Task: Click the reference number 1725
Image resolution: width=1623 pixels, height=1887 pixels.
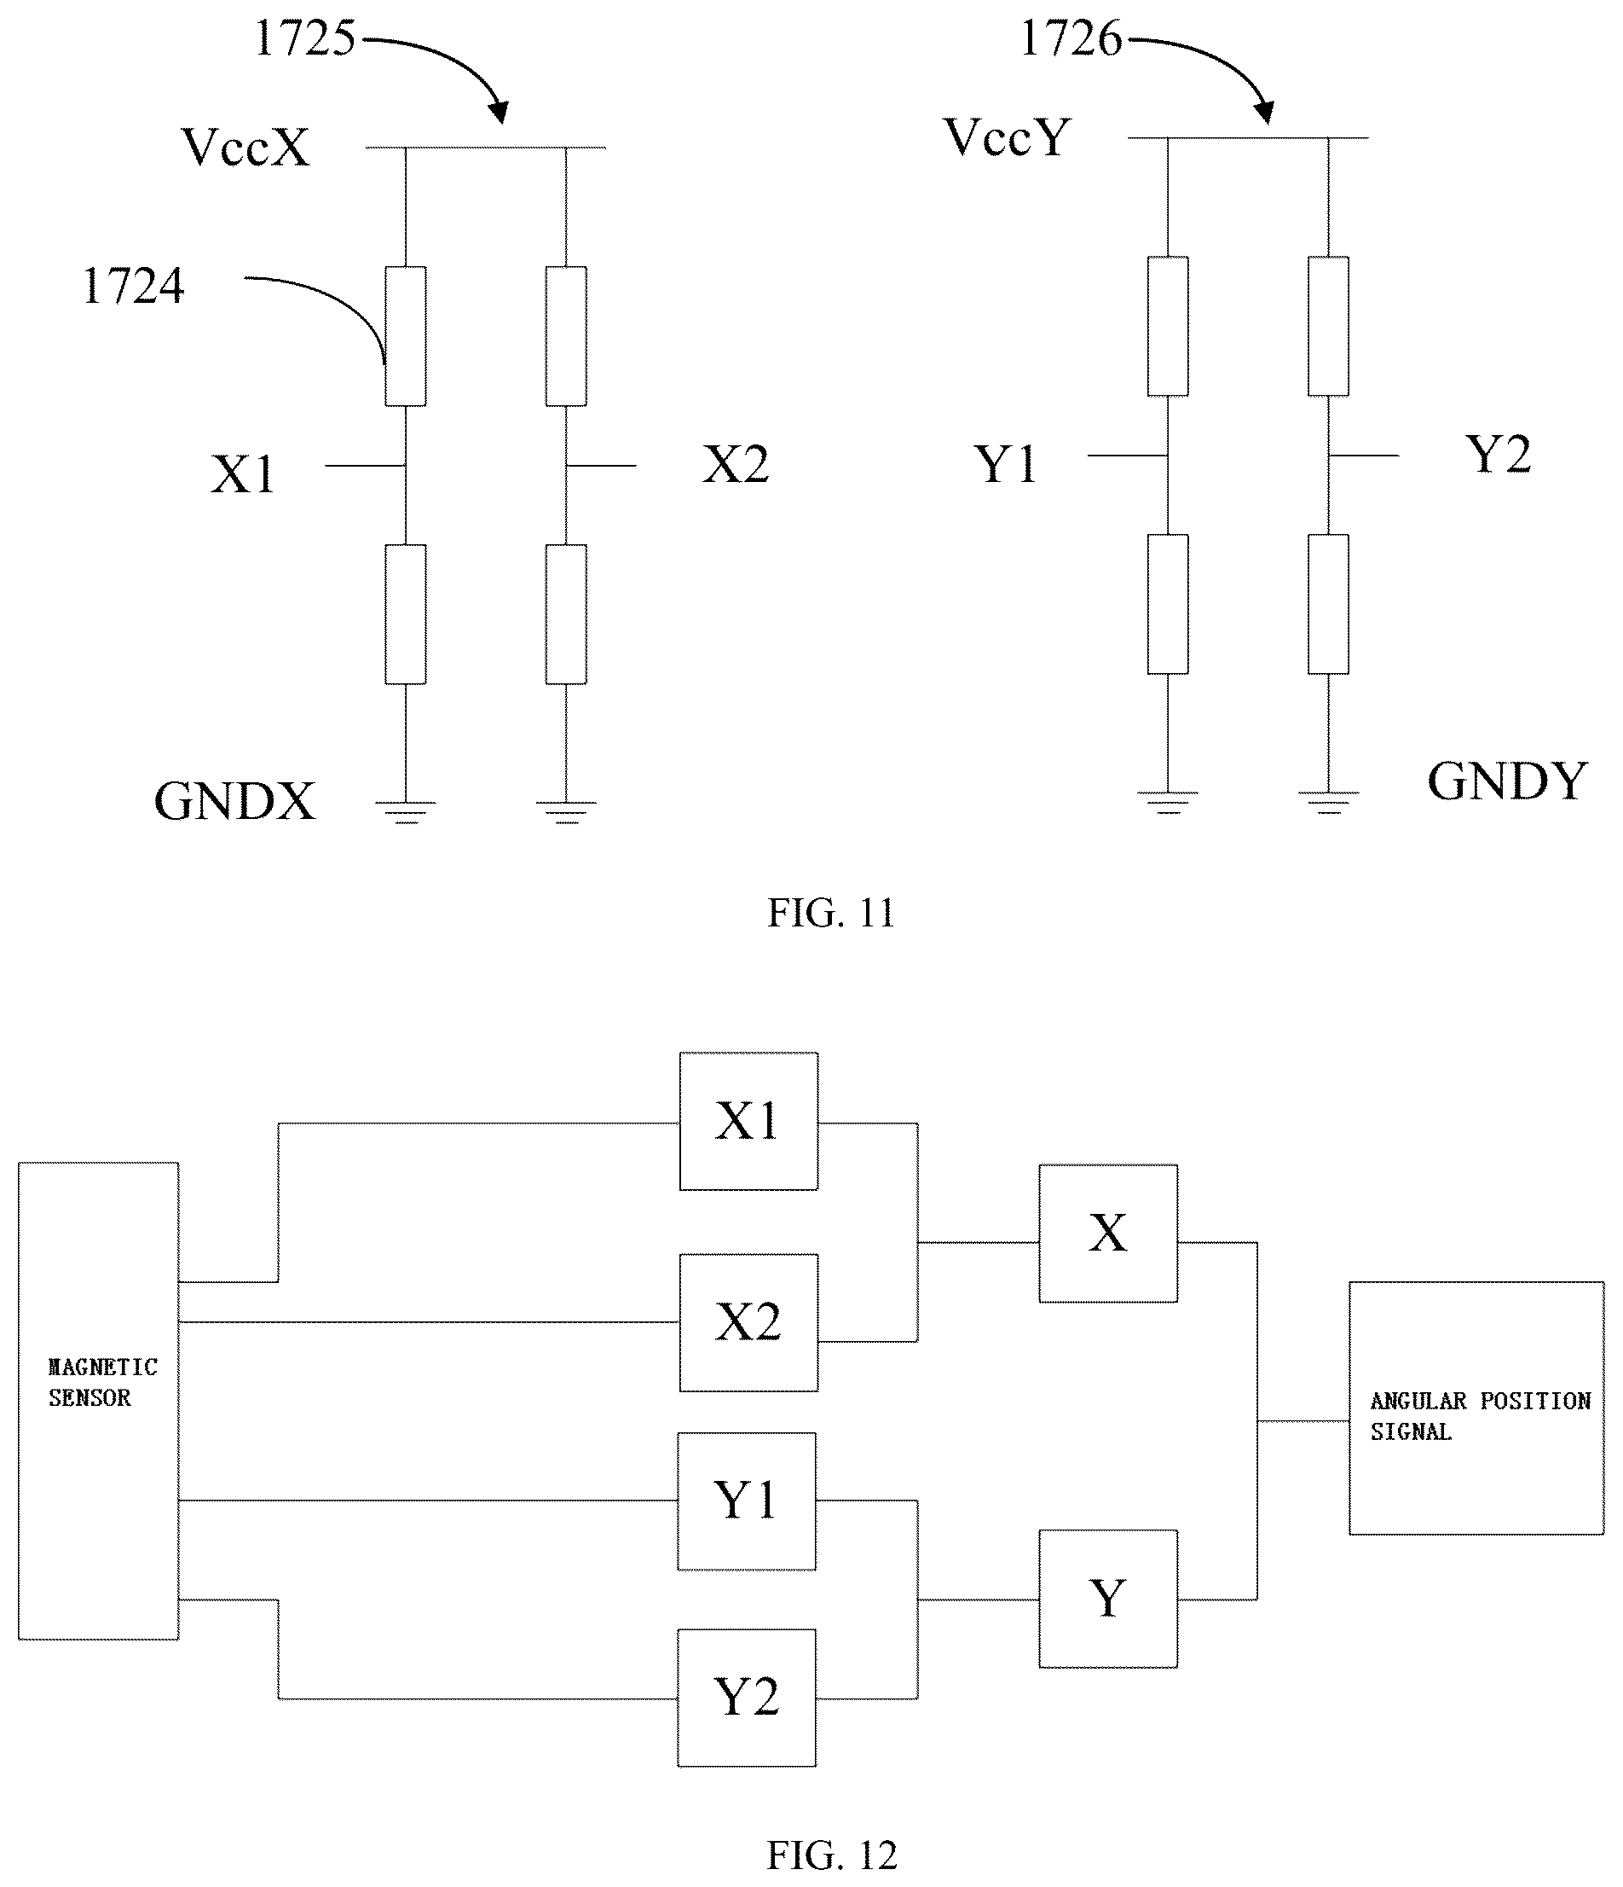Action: (305, 38)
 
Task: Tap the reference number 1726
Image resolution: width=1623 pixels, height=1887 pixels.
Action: (1071, 38)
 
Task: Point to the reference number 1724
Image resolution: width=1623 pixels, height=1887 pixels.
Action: (133, 286)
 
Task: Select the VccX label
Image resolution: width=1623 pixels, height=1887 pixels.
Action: (245, 147)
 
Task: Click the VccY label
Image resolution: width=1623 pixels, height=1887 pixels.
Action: (1007, 138)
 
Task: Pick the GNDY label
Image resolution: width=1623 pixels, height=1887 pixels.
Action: (1507, 781)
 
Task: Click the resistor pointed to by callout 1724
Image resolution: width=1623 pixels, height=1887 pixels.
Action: (405, 336)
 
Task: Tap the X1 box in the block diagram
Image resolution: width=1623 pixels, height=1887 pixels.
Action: (748, 1121)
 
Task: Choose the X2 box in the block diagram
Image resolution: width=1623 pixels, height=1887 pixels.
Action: (748, 1322)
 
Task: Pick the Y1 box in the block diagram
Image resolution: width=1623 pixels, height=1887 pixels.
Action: (747, 1501)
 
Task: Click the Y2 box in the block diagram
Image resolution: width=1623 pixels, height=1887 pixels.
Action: (747, 1698)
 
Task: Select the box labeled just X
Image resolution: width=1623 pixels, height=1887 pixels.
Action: (1108, 1233)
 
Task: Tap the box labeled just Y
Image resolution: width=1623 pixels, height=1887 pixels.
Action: (1108, 1600)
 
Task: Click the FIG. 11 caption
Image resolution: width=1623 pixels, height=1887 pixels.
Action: (831, 913)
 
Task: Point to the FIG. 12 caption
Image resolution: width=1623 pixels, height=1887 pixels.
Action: (831, 1855)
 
